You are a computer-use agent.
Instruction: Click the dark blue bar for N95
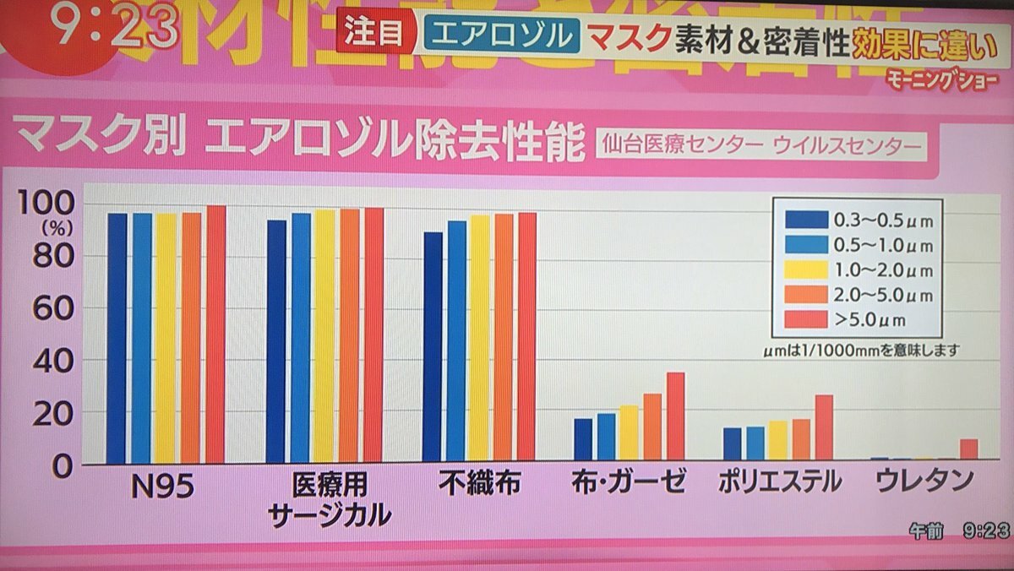(x=117, y=338)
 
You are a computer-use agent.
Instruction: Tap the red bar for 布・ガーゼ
(x=675, y=416)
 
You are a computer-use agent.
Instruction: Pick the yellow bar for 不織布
(x=480, y=338)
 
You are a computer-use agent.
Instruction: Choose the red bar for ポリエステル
(x=824, y=428)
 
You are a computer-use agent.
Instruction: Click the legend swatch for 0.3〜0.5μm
(x=805, y=220)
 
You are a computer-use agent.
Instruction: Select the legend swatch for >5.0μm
(x=805, y=319)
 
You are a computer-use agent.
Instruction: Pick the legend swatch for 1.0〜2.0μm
(x=805, y=269)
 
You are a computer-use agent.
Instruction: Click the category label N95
(x=163, y=484)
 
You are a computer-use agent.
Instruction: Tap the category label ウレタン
(x=924, y=482)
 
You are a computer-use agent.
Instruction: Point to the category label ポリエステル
(x=779, y=482)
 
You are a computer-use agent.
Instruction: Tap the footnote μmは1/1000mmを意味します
(x=858, y=348)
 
